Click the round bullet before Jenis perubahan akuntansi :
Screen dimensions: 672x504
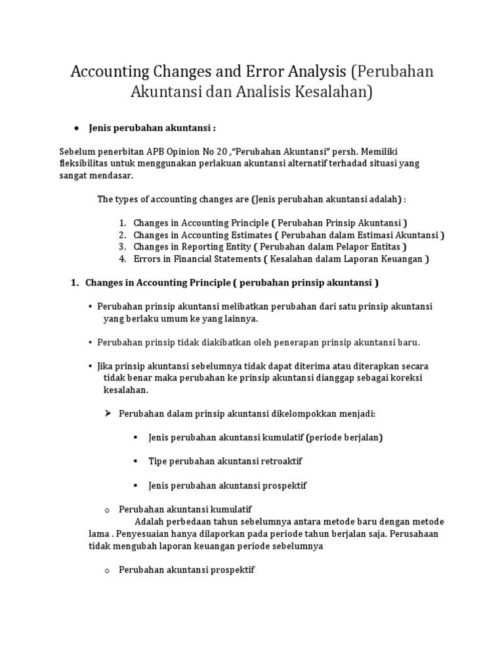(x=77, y=127)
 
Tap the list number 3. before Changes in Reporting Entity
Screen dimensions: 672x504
(x=123, y=247)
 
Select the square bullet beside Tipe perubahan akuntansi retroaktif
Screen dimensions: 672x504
(x=135, y=461)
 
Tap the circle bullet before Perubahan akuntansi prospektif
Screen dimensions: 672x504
(x=106, y=570)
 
